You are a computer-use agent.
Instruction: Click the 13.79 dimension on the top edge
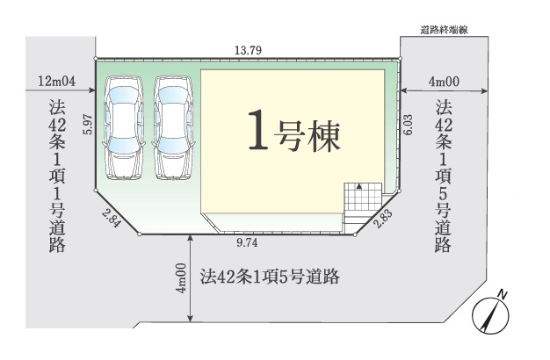(248, 50)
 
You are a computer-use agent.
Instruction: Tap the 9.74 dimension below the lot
(247, 242)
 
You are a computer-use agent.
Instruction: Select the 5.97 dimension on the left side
(88, 125)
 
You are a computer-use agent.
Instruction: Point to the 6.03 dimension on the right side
(408, 126)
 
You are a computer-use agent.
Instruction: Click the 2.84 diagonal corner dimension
(112, 218)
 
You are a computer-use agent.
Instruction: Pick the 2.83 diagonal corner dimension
(383, 219)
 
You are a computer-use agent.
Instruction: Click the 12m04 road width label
(57, 82)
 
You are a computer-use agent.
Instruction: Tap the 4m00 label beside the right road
(444, 82)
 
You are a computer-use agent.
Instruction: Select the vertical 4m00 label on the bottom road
(181, 278)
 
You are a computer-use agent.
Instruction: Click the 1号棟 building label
(294, 131)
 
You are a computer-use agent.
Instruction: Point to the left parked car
(124, 128)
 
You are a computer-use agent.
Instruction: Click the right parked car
(173, 128)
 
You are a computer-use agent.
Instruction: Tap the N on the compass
(503, 294)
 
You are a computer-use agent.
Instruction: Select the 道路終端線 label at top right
(444, 31)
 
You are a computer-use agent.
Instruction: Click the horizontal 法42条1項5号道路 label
(270, 277)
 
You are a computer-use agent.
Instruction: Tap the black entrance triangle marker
(358, 186)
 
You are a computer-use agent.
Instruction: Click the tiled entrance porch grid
(363, 197)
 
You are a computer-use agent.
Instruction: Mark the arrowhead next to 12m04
(92, 90)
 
